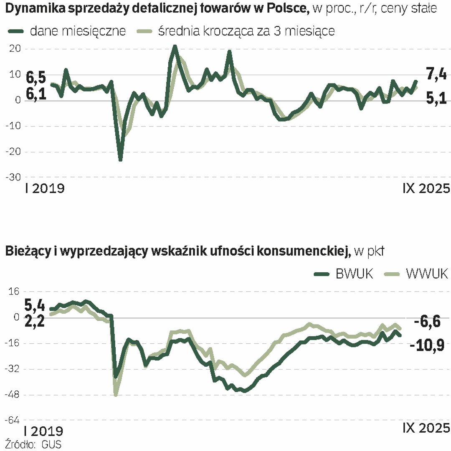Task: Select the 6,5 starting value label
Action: pos(36,77)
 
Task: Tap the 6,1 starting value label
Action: pos(36,94)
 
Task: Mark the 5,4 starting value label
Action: pos(35,305)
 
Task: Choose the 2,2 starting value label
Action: pos(35,322)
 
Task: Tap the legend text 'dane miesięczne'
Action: pos(77,31)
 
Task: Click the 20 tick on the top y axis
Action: pos(14,49)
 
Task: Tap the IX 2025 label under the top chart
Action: pos(426,188)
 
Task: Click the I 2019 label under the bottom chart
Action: pos(44,431)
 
